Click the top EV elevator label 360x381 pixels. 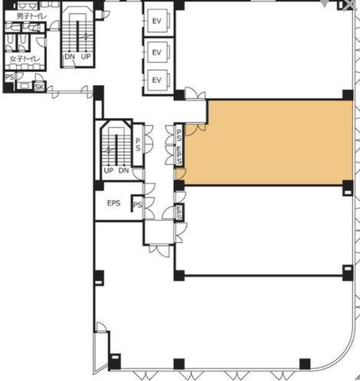coord(156,21)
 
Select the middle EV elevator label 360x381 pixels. coord(156,52)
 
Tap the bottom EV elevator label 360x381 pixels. coord(156,80)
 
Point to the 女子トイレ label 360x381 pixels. coord(25,59)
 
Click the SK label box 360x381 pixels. coord(39,87)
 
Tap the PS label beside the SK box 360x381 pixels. coord(10,77)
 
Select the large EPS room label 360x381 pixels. coord(113,203)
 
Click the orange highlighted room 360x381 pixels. coord(268,142)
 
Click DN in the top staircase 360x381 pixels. coord(70,57)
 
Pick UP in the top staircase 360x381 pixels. coord(86,57)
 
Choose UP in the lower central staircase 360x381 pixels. coord(109,170)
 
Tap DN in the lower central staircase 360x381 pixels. coord(123,170)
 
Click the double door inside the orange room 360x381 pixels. coord(195,129)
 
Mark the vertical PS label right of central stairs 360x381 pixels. coord(138,144)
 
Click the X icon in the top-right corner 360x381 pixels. coord(349,5)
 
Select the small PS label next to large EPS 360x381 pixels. coord(138,205)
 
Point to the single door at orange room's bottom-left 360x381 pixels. coord(180,174)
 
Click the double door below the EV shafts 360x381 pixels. coord(195,93)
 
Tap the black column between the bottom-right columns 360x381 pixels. coord(305,364)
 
